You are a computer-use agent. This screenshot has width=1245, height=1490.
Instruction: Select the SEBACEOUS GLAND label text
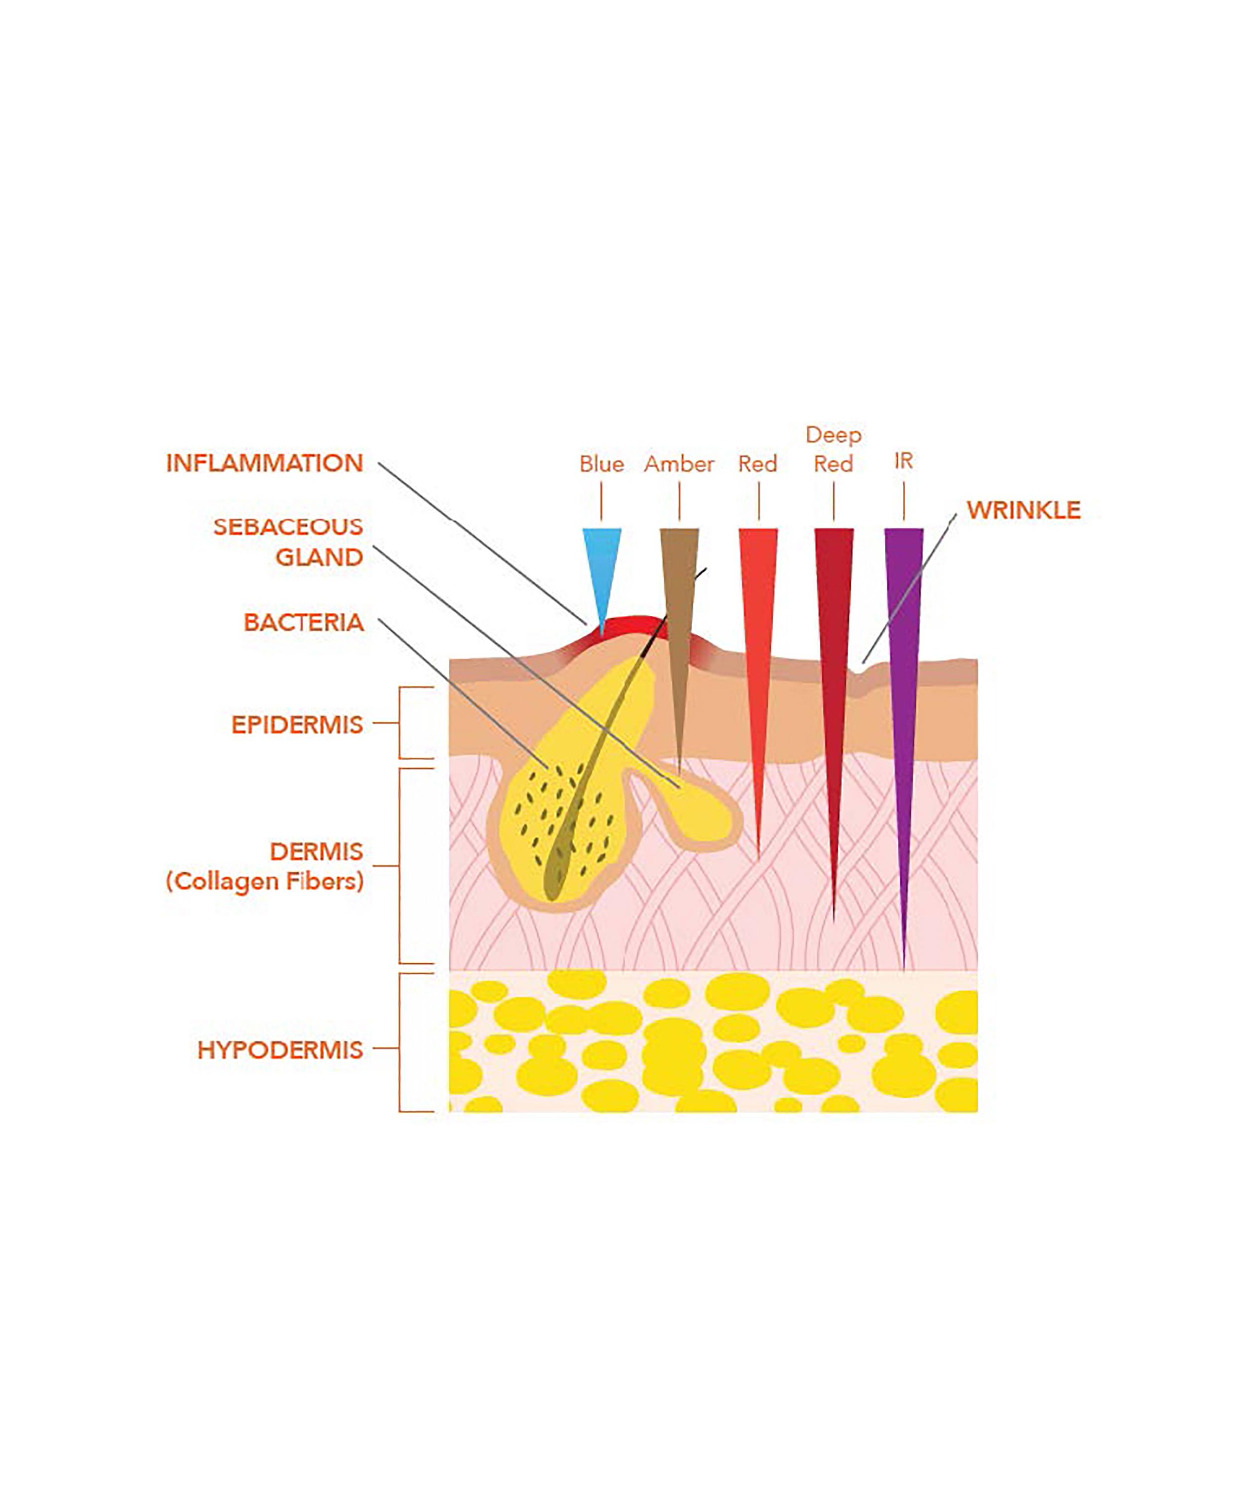click(x=288, y=542)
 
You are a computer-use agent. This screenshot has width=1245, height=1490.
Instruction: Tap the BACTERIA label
click(x=304, y=622)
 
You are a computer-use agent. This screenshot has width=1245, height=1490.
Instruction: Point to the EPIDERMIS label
click(x=297, y=724)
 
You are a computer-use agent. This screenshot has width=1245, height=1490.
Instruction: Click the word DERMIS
click(x=317, y=851)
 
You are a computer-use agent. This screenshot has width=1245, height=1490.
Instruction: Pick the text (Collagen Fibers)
click(x=265, y=881)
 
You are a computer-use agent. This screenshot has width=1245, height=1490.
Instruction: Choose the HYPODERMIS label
click(x=280, y=1049)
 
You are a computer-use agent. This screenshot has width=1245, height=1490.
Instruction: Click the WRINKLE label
click(x=1023, y=510)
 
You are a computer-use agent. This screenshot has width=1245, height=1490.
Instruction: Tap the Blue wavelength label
click(x=601, y=464)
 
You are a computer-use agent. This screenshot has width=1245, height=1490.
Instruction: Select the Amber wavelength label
click(x=679, y=464)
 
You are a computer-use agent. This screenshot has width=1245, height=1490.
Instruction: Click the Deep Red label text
click(x=833, y=449)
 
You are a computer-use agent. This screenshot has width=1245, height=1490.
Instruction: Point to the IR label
click(x=903, y=461)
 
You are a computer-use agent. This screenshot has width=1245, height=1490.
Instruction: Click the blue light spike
click(x=601, y=568)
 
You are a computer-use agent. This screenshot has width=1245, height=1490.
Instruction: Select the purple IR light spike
click(x=903, y=674)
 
